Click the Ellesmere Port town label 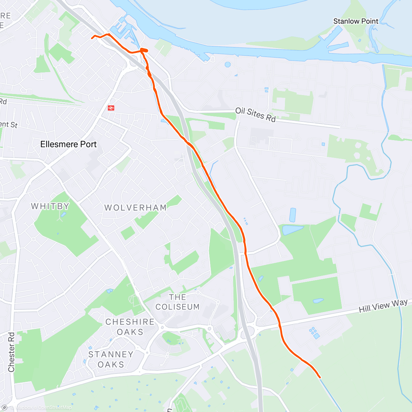click(68, 144)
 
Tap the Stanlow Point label click(356, 21)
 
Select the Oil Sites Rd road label click(255, 114)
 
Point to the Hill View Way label click(383, 305)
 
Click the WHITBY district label click(50, 206)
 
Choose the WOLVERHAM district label click(135, 208)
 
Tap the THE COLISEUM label click(178, 302)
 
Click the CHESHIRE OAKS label click(130, 327)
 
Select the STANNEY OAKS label click(111, 359)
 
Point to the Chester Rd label click(11, 352)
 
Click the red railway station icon click(111, 108)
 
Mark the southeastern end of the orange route click(320, 377)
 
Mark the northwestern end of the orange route click(92, 38)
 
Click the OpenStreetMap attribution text click(55, 408)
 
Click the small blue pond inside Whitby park click(63, 215)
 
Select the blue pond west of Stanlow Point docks click(227, 64)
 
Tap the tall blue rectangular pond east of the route click(293, 215)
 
